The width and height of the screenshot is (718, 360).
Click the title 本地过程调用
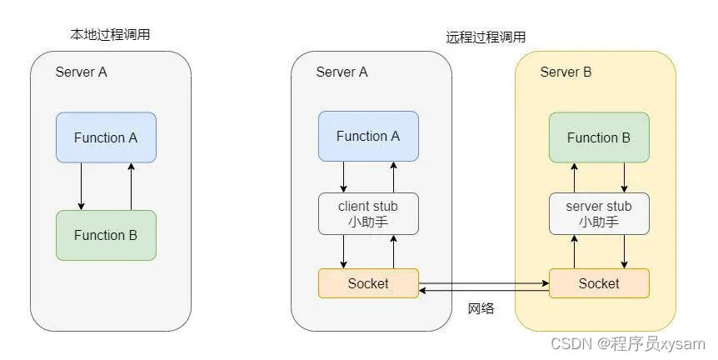(x=110, y=34)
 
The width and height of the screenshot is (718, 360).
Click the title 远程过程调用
(x=486, y=37)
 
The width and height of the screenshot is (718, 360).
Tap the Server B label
(x=566, y=72)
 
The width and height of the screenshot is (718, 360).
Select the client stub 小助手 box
(x=368, y=214)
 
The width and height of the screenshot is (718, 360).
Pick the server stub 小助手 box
(x=599, y=214)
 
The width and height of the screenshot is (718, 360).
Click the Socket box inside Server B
(x=599, y=283)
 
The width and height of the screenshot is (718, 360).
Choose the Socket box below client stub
(x=368, y=283)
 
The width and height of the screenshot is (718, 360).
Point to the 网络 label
(x=481, y=308)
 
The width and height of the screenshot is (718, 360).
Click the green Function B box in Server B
(x=599, y=137)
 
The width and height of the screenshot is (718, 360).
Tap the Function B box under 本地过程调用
(x=107, y=236)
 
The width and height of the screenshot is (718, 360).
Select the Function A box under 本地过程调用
(x=107, y=137)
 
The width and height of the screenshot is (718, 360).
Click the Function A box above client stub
(x=368, y=136)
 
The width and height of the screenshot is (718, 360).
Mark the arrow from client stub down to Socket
(x=343, y=252)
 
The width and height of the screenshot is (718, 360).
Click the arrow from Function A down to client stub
(x=343, y=177)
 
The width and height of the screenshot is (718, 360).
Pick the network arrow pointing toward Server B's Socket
(x=484, y=283)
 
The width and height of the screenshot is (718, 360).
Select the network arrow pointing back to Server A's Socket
(x=484, y=290)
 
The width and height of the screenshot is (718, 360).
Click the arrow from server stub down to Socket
(x=624, y=252)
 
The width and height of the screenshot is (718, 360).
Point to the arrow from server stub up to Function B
(x=574, y=177)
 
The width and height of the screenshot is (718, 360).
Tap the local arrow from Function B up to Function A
(x=132, y=187)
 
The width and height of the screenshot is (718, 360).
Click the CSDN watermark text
(x=628, y=343)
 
